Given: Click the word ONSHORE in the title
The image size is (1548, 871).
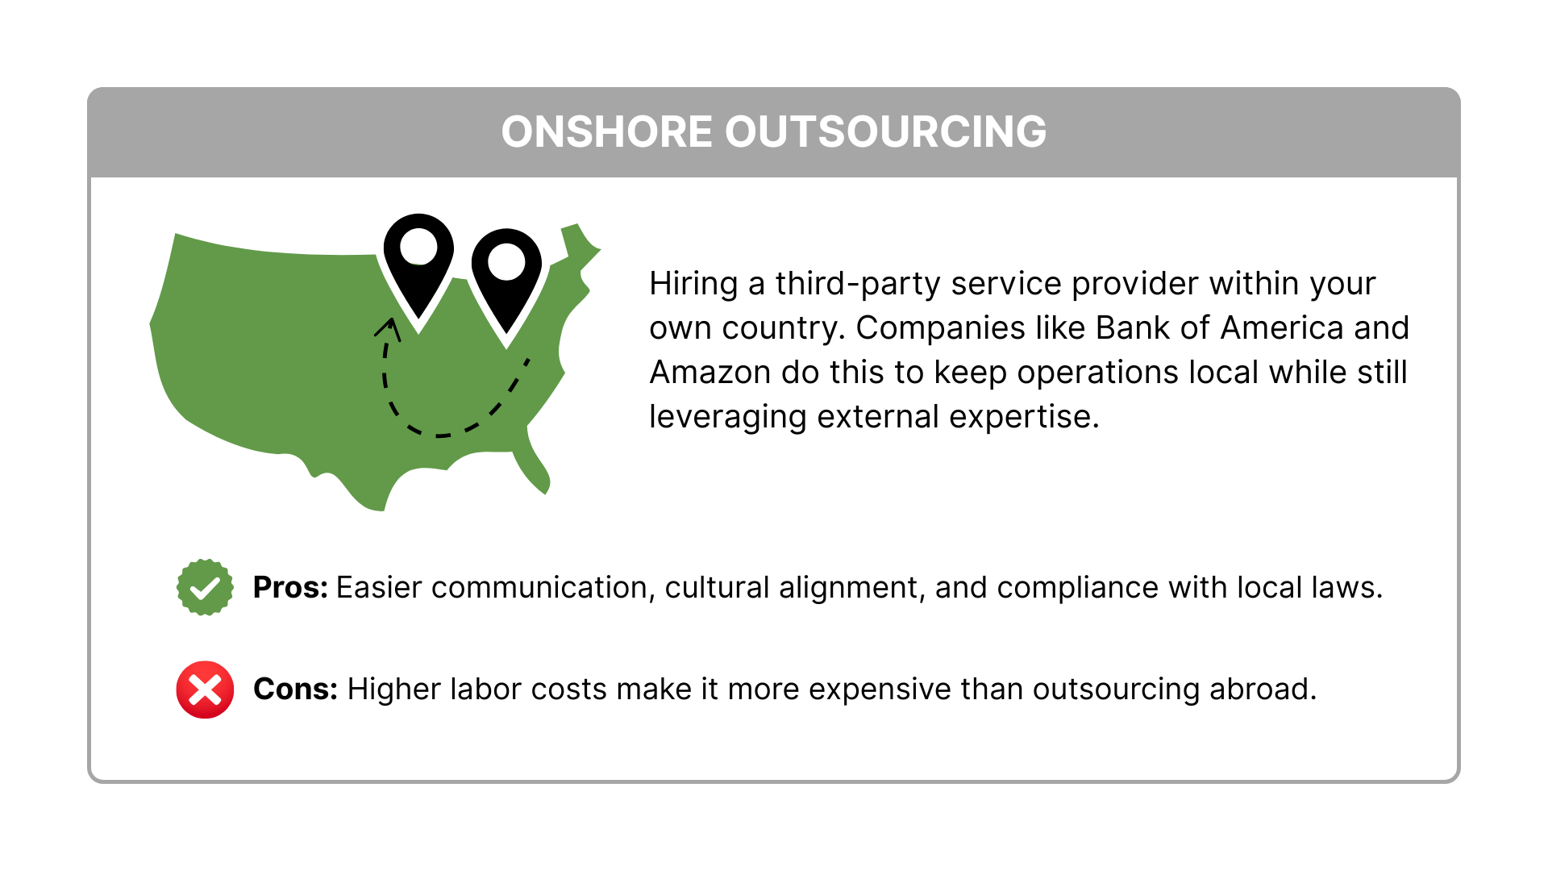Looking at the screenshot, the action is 606,131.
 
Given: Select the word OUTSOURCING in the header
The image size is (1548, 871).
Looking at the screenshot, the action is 885,131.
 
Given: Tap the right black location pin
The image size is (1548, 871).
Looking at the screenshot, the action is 506,282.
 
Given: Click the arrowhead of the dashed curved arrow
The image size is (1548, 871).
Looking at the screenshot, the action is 389,327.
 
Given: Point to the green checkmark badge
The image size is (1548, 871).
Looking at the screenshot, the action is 205,587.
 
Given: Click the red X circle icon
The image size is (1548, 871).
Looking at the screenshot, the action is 205,690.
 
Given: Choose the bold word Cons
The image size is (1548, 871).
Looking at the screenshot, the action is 295,690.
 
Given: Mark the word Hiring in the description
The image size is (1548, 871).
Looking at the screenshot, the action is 693,285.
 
